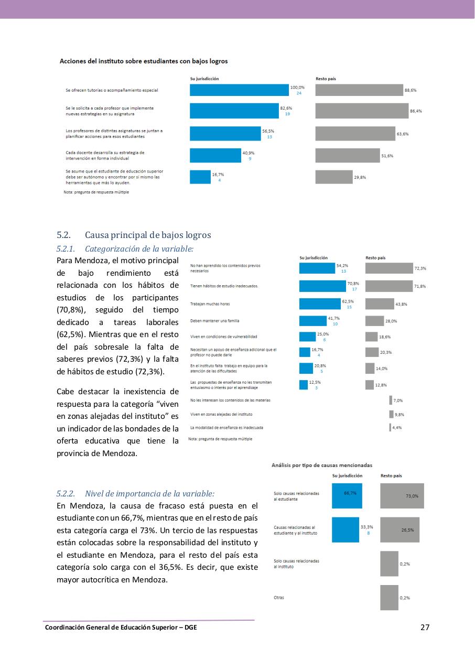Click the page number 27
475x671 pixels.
[425, 627]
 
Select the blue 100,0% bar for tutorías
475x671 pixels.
[239, 90]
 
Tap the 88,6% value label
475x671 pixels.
[410, 90]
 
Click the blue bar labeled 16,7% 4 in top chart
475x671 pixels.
[200, 177]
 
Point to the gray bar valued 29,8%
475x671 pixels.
[333, 177]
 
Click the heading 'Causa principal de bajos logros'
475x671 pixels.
[147, 235]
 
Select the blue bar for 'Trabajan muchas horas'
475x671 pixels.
[319, 304]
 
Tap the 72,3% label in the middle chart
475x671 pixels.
[420, 268]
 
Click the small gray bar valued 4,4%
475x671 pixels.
[390, 427]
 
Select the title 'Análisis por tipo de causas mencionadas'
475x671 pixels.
[321, 465]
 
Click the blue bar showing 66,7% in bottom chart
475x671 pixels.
[347, 495]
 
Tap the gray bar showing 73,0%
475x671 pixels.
[402, 495]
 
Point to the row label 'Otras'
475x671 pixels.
[278, 597]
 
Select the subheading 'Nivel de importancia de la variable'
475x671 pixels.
[149, 494]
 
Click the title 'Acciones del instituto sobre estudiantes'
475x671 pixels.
[144, 61]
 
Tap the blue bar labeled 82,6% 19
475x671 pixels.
[234, 111]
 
